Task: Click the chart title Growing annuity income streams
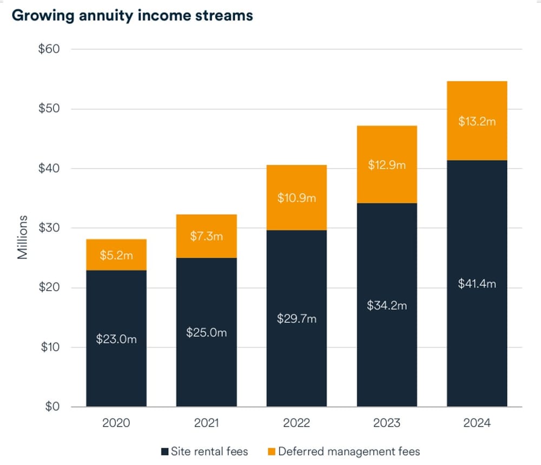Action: tap(132, 15)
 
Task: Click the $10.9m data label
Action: tap(296, 198)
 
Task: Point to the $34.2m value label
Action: tap(387, 306)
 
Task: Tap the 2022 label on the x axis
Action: tap(296, 423)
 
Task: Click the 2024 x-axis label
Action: tap(477, 423)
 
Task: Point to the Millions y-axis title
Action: tap(22, 237)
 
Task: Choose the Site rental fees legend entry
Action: tap(204, 451)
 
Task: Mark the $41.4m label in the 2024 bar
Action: tap(477, 283)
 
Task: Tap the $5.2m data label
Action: tap(116, 255)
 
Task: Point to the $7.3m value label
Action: tap(206, 236)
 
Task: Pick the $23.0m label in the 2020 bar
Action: tap(116, 339)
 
